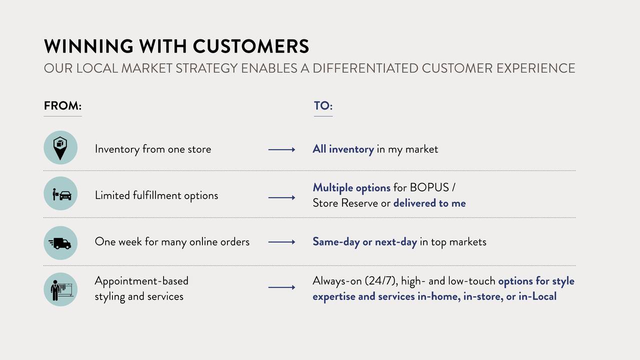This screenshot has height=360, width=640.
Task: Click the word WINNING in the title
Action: pos(88,46)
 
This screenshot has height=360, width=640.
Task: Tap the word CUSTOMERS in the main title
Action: pos(251,46)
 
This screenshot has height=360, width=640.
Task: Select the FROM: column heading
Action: pos(62,105)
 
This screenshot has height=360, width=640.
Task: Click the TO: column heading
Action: pos(323,105)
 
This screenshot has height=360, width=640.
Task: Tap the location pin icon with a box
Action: pos(60,147)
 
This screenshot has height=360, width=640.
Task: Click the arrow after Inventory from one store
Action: pos(281,149)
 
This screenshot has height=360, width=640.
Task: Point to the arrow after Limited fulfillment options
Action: pos(281,197)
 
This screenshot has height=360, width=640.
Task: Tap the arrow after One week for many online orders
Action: pos(281,242)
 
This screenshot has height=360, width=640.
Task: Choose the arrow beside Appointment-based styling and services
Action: pos(281,287)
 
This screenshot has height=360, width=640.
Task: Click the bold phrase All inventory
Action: pos(343,149)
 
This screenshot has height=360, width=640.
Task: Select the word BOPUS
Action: pos(429,187)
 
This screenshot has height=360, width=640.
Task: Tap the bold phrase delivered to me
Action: pos(429,203)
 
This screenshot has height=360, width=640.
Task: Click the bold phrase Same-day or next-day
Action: pos(365,242)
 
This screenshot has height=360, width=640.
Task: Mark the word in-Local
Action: pos(537,296)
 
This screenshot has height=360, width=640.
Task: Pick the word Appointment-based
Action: pos(141,281)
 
